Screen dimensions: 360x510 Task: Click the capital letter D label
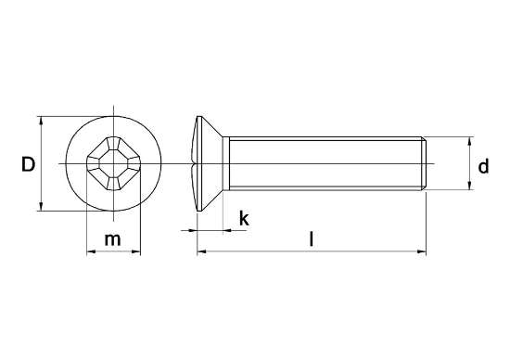(28, 165)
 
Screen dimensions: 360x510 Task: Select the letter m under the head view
(112, 239)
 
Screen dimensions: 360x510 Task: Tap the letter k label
(243, 219)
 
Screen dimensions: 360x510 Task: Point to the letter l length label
(312, 239)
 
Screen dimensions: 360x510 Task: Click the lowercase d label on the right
(483, 166)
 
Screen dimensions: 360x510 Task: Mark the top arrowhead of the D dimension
(42, 122)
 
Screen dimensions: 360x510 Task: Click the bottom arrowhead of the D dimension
(42, 208)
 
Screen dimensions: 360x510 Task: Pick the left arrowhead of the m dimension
(89, 251)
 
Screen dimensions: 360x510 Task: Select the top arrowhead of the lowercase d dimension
(470, 142)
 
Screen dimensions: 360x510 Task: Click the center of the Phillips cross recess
(112, 164)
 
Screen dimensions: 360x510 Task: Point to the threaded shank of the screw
(325, 164)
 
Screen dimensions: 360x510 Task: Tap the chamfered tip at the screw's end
(425, 164)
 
